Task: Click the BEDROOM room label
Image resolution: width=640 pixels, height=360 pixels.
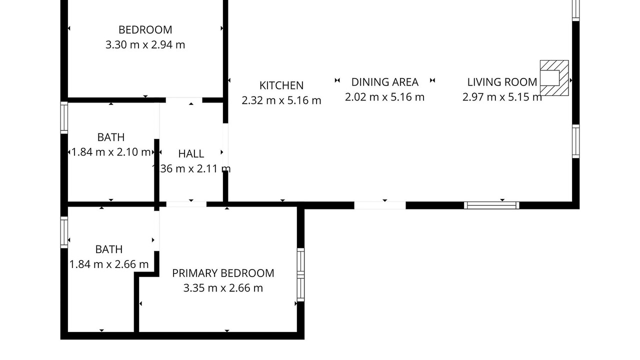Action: pos(145,29)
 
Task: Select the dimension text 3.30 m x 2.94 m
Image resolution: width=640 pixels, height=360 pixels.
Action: pos(145,45)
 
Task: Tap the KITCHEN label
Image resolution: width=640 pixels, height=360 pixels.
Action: pos(281,85)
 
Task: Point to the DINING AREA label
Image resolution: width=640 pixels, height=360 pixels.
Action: pos(385,82)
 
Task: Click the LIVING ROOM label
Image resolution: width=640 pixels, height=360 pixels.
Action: pos(502,82)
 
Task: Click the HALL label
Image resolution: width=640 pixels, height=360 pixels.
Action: pos(191,153)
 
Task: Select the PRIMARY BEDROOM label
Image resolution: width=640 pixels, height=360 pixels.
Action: pos(223,273)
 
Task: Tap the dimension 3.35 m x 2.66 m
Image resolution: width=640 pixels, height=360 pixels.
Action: pos(223,288)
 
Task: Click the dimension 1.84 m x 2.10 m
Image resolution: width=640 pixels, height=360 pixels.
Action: pos(111,152)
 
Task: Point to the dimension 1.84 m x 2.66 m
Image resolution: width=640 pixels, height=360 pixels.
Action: pos(109,264)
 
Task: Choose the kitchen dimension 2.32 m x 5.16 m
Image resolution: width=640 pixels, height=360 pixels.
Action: pos(281,100)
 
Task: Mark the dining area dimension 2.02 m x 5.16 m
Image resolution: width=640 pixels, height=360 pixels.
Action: pos(385,97)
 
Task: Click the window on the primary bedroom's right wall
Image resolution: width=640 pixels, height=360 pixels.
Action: pos(300,274)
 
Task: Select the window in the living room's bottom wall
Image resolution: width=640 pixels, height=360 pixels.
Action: pos(491,205)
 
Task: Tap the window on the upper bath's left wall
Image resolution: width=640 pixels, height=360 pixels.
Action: pos(64,117)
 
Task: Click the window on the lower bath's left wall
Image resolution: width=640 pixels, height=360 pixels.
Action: pos(64,232)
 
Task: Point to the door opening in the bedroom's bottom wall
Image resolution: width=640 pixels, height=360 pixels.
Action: pos(184,100)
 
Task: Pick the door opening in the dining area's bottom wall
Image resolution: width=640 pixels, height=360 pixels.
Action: pos(380,205)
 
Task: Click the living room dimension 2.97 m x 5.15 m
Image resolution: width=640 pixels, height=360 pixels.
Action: pos(502,97)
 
